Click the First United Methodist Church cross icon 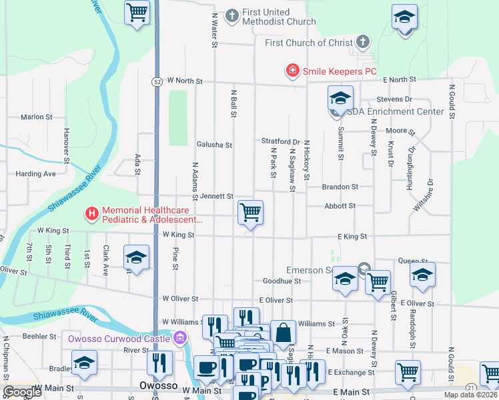232,16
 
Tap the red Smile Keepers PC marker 292,70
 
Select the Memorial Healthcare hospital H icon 91,214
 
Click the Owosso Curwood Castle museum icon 179,339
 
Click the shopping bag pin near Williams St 283,333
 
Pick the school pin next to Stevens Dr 340,99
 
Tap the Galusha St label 214,145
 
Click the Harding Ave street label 36,174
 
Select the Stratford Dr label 280,141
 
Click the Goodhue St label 282,281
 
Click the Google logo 22,392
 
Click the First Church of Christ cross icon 363,43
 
